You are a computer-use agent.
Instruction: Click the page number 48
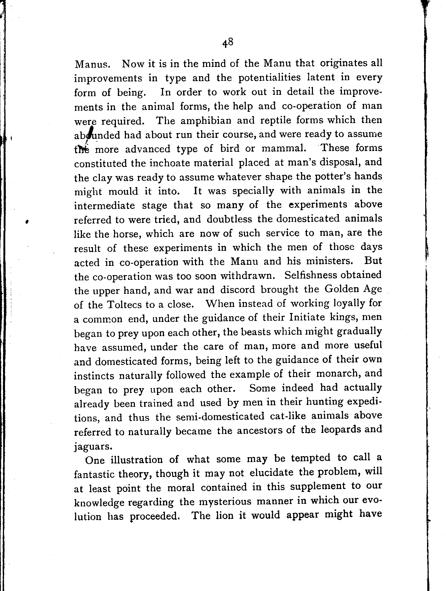coord(228,43)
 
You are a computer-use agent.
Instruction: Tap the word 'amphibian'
coord(206,121)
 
